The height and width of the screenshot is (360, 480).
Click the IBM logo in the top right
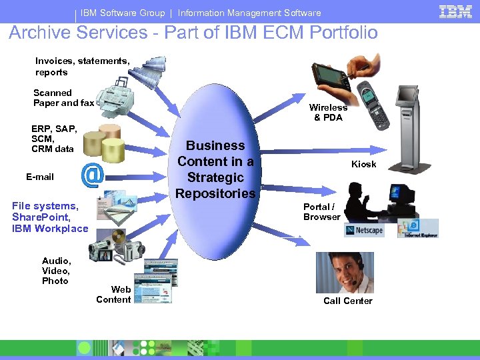[455, 12]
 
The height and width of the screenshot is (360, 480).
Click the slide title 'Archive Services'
[193, 33]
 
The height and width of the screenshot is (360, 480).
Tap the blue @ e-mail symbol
[92, 175]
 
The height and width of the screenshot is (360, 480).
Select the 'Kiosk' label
[364, 164]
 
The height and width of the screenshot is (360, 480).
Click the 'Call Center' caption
[348, 301]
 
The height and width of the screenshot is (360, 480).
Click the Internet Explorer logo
[418, 229]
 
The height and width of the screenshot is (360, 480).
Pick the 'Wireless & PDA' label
[328, 112]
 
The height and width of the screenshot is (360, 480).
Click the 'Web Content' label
[113, 294]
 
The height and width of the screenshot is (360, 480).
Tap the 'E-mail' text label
[40, 177]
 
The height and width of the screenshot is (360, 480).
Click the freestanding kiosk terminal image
[413, 130]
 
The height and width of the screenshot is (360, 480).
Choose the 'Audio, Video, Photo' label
[56, 271]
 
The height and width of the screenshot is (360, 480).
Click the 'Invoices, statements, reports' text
[82, 66]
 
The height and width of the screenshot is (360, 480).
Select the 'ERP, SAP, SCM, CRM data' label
[53, 139]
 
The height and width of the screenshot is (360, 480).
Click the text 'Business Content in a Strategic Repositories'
[215, 169]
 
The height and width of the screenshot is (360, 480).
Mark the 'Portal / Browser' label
[321, 211]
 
